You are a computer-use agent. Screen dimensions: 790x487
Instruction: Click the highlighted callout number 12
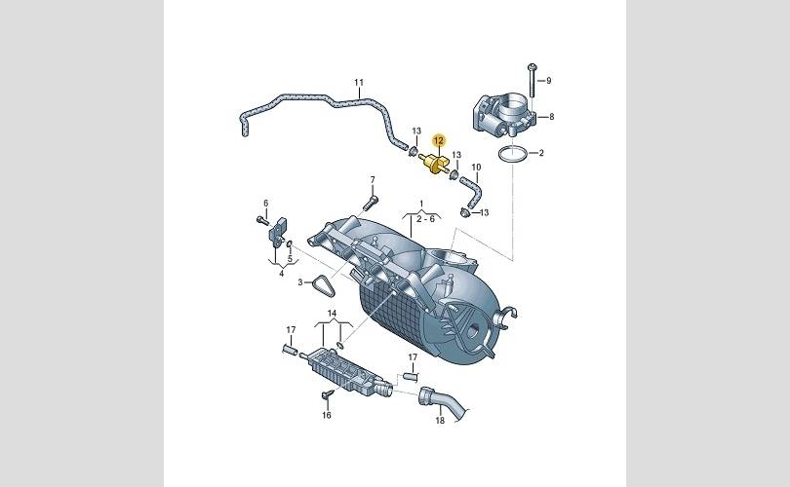click(x=439, y=141)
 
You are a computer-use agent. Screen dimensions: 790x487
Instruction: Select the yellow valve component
click(x=434, y=163)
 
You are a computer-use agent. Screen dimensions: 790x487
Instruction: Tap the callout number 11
click(x=359, y=82)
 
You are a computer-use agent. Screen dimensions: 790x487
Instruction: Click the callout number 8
click(x=552, y=117)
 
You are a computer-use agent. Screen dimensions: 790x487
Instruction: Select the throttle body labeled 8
click(x=504, y=116)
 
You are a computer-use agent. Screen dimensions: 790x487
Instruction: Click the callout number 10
click(x=476, y=167)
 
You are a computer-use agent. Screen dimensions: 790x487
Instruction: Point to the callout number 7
click(x=373, y=179)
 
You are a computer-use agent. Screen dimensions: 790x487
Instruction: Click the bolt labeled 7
click(x=369, y=204)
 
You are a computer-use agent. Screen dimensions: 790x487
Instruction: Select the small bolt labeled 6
click(x=262, y=220)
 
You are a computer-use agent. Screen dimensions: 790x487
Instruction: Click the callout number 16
click(x=327, y=415)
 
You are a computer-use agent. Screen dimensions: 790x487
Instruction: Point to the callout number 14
click(x=332, y=314)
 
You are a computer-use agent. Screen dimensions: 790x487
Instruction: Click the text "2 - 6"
click(x=425, y=219)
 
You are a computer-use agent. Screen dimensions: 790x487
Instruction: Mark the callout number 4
click(x=282, y=274)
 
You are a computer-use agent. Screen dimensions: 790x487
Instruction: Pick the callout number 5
click(x=290, y=259)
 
